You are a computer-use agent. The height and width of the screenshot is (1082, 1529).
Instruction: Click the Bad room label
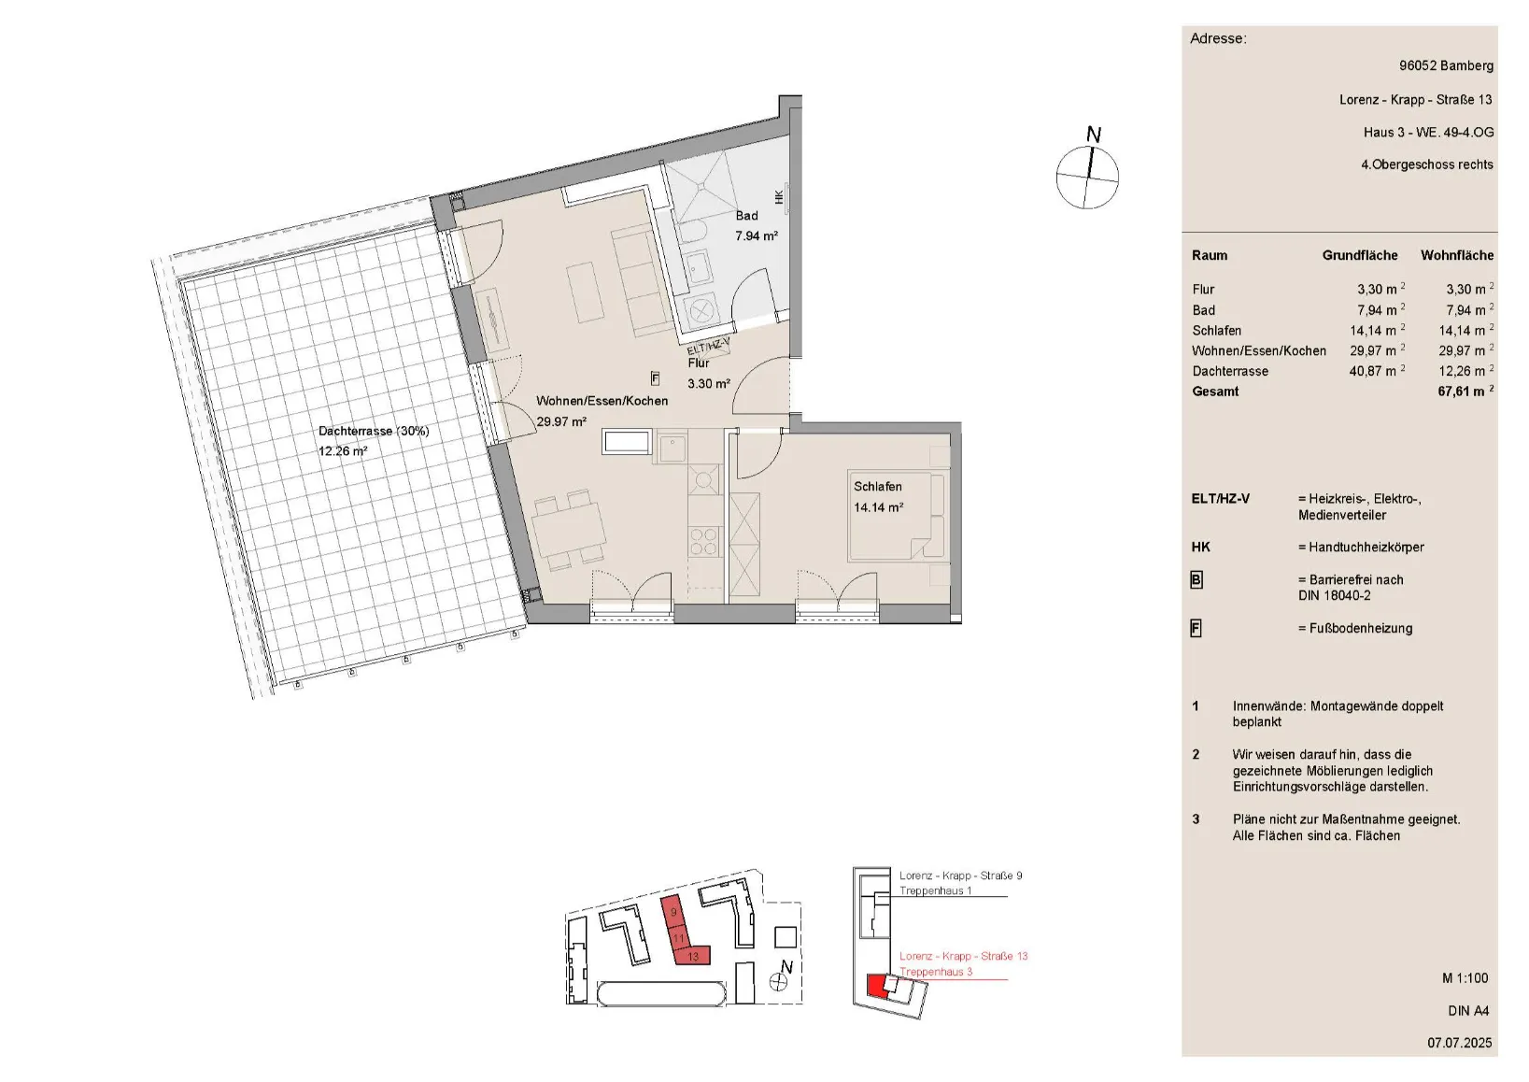click(x=746, y=216)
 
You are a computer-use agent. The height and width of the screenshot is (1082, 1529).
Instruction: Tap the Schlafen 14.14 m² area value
click(x=879, y=508)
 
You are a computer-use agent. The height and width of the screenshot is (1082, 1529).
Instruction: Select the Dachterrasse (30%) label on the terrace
click(x=374, y=432)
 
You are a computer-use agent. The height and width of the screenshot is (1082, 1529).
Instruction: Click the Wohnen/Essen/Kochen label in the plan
click(x=602, y=402)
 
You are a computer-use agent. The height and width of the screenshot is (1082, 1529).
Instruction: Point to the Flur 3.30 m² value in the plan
click(x=709, y=384)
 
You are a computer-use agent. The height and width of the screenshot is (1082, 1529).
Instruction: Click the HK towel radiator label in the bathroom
click(x=779, y=197)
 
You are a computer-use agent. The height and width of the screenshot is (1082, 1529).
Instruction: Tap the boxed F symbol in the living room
click(x=656, y=378)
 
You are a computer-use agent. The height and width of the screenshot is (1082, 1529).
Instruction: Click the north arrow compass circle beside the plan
click(x=1087, y=177)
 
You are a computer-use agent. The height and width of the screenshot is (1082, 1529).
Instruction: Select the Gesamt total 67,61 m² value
click(x=1465, y=392)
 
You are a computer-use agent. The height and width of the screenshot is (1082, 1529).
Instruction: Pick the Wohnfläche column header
click(x=1457, y=255)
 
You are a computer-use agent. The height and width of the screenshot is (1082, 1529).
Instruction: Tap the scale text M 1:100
click(x=1465, y=978)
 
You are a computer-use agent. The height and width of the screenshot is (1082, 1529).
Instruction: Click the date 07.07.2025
click(x=1459, y=1043)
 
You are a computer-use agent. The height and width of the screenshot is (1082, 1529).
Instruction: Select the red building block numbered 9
click(x=672, y=912)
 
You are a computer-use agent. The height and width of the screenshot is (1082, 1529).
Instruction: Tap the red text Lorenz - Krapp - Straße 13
click(x=963, y=957)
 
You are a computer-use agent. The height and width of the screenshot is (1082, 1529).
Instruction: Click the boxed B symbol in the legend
click(x=1196, y=580)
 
